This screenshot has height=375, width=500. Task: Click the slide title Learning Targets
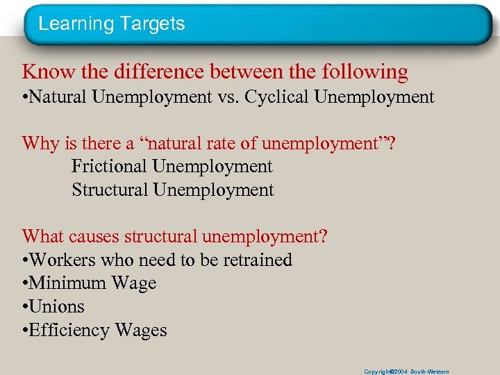(112, 24)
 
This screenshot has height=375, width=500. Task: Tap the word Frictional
(109, 167)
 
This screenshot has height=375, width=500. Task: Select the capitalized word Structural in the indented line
(110, 190)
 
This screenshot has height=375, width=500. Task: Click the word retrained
(255, 260)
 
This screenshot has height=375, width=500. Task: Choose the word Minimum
(66, 283)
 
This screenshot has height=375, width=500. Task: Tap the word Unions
(57, 306)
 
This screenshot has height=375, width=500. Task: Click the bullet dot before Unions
(26, 307)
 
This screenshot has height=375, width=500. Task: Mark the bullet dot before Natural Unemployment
(26, 98)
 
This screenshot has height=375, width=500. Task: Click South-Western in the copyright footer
(430, 372)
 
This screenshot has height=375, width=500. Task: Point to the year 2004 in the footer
(399, 372)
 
